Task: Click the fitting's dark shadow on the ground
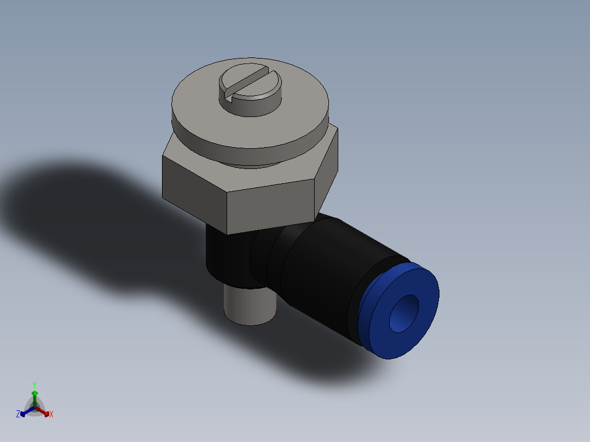point(82,219)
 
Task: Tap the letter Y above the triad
point(34,385)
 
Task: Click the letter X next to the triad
point(51,415)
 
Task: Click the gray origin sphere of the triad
point(35,408)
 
